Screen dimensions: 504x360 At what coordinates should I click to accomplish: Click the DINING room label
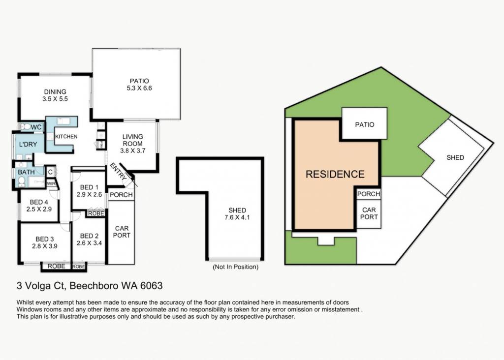pos(55,92)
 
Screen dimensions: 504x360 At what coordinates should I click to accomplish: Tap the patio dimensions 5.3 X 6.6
pos(139,88)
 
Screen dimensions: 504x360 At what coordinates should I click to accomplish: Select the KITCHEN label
pos(66,137)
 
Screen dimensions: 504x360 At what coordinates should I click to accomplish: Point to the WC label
pos(36,127)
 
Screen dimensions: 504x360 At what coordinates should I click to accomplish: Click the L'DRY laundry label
pos(28,144)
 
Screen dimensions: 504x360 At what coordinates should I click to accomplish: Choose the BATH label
pos(26,172)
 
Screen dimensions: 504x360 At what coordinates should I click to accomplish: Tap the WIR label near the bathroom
pos(51,184)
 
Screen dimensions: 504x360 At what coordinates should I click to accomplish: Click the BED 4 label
pos(39,202)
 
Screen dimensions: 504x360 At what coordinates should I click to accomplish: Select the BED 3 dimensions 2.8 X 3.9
pos(45,246)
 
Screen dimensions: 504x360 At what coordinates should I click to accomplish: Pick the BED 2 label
pos(89,236)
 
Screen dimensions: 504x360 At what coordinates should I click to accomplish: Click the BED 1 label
pos(89,187)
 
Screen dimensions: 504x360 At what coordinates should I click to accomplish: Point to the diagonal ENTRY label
pos(118,171)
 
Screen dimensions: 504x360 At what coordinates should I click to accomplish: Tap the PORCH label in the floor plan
pos(121,195)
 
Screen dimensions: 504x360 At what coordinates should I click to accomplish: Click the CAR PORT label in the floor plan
pos(122,232)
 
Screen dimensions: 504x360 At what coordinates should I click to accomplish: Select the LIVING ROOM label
pos(132,140)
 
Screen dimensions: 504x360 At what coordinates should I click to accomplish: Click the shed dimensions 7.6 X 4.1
pos(237,217)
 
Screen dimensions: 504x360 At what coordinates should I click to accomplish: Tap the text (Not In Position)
pos(236,267)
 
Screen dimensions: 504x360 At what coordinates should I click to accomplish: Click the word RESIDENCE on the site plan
pos(335,174)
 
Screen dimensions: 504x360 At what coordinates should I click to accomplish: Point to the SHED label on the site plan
pos(455,157)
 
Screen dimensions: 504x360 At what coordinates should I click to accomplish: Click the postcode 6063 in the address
pos(152,286)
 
